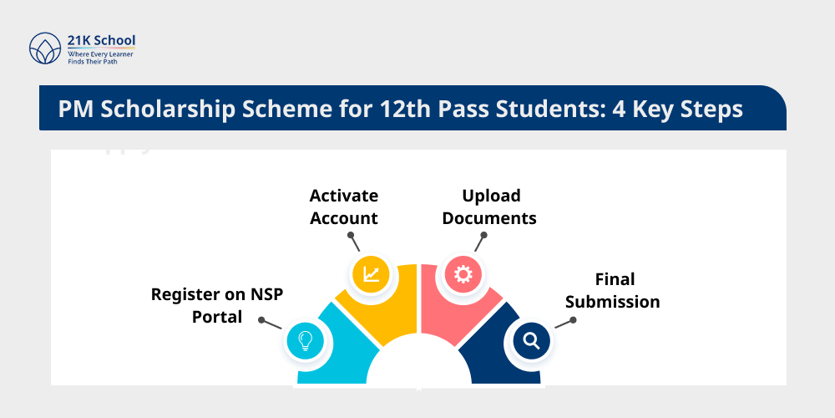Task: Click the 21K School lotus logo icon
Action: [45, 48]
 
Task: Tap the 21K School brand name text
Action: [101, 40]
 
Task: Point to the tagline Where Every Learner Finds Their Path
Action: [100, 58]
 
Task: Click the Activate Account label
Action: [343, 206]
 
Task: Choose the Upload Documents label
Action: [489, 206]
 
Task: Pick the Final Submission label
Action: [614, 290]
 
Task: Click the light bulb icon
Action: [305, 340]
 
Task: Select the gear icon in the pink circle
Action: [463, 274]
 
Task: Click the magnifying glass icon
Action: [531, 340]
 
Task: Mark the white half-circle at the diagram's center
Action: [417, 368]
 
